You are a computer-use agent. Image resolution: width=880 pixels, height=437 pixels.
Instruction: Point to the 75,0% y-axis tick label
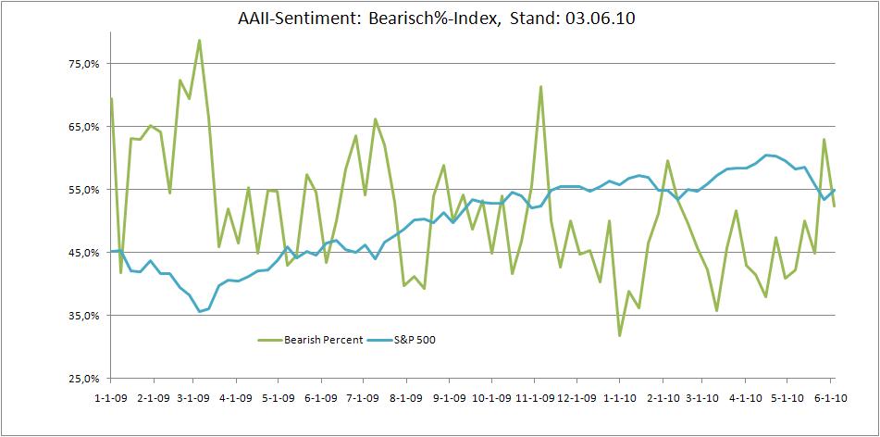[82, 64]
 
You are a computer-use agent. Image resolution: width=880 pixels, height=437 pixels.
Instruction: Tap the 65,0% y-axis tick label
[82, 127]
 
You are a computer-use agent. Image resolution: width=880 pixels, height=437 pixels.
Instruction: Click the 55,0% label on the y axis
[82, 190]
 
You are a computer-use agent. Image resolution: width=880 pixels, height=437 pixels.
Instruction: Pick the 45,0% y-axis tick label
[82, 253]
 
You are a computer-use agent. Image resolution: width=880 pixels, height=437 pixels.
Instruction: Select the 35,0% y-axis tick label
[82, 316]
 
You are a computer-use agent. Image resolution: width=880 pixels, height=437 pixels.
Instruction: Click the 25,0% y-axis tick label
[82, 379]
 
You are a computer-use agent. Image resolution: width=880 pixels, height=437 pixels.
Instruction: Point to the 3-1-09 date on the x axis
[192, 398]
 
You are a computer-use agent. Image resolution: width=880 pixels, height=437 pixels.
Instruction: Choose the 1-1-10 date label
[618, 398]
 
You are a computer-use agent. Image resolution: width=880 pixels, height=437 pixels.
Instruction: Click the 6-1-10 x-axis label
[829, 398]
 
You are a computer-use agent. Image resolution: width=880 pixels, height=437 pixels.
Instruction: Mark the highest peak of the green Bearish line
[199, 41]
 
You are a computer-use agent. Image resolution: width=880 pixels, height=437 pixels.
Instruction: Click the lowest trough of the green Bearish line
[619, 335]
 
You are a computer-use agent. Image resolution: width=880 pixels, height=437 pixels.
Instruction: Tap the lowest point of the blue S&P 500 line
[199, 311]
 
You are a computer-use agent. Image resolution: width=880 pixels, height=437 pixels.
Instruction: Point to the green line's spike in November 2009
[540, 87]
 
